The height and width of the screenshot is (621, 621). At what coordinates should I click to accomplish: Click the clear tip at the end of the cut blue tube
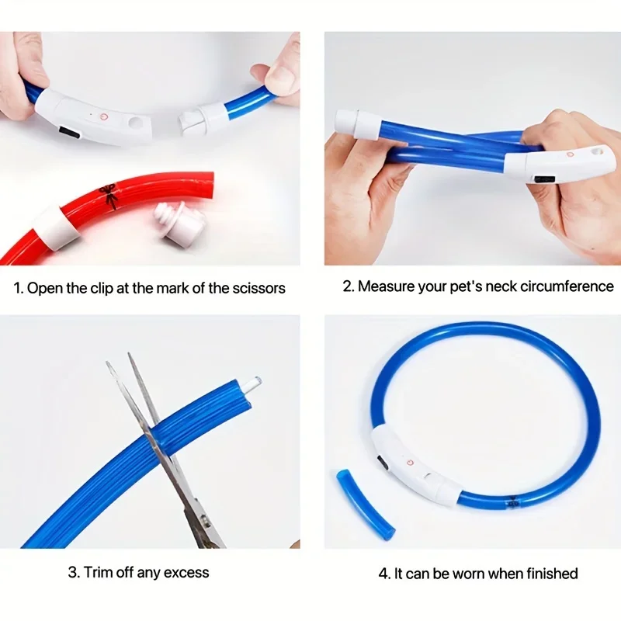pos(254,383)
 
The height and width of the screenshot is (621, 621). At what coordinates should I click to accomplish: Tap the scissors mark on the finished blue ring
pos(512,502)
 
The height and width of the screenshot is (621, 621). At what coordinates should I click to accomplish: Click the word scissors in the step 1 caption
pos(258,288)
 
